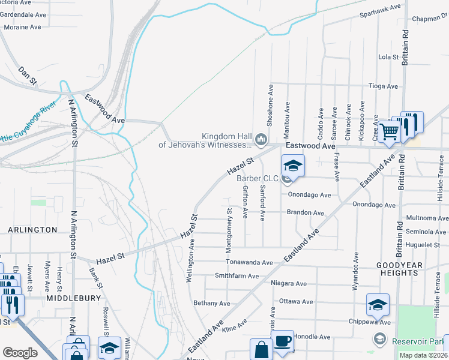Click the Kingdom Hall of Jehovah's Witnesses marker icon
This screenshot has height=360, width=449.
point(261,140)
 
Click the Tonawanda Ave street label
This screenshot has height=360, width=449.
point(249,262)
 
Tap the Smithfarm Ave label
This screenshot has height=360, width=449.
point(237,276)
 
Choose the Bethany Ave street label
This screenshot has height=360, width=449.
point(212,304)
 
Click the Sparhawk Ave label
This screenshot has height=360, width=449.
point(380,9)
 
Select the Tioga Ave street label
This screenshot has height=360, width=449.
point(383,86)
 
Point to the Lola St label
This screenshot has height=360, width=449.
point(388,57)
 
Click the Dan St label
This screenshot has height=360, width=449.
point(28,75)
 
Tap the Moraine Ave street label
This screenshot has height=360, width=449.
point(22,27)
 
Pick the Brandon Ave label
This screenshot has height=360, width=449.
point(305,213)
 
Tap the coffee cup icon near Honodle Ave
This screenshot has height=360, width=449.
point(283,341)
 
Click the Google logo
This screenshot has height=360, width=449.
point(20,353)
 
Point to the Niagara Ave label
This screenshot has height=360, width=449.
point(289,284)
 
